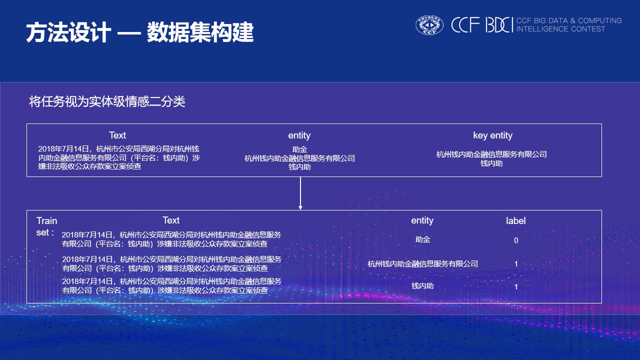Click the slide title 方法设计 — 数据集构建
pyautogui.click(x=140, y=33)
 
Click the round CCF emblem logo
pyautogui.click(x=429, y=25)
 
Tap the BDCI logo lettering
pyautogui.click(x=499, y=25)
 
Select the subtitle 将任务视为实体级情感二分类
pyautogui.click(x=107, y=101)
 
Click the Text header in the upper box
pyautogui.click(x=117, y=135)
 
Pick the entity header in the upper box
pyautogui.click(x=299, y=135)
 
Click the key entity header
pyautogui.click(x=492, y=135)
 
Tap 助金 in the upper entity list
pyautogui.click(x=299, y=149)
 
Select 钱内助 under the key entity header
pyautogui.click(x=491, y=163)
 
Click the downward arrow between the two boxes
pyautogui.click(x=300, y=193)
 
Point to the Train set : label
pyautogui.click(x=46, y=226)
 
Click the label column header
pyautogui.click(x=515, y=221)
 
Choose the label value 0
pyautogui.click(x=516, y=240)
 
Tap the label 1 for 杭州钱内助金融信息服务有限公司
pyautogui.click(x=516, y=264)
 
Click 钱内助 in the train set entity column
pyautogui.click(x=422, y=286)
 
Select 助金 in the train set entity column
pyautogui.click(x=422, y=239)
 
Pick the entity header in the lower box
pyautogui.click(x=422, y=220)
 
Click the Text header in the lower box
pyautogui.click(x=171, y=220)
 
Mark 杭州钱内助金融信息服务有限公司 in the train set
pyautogui.click(x=422, y=264)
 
